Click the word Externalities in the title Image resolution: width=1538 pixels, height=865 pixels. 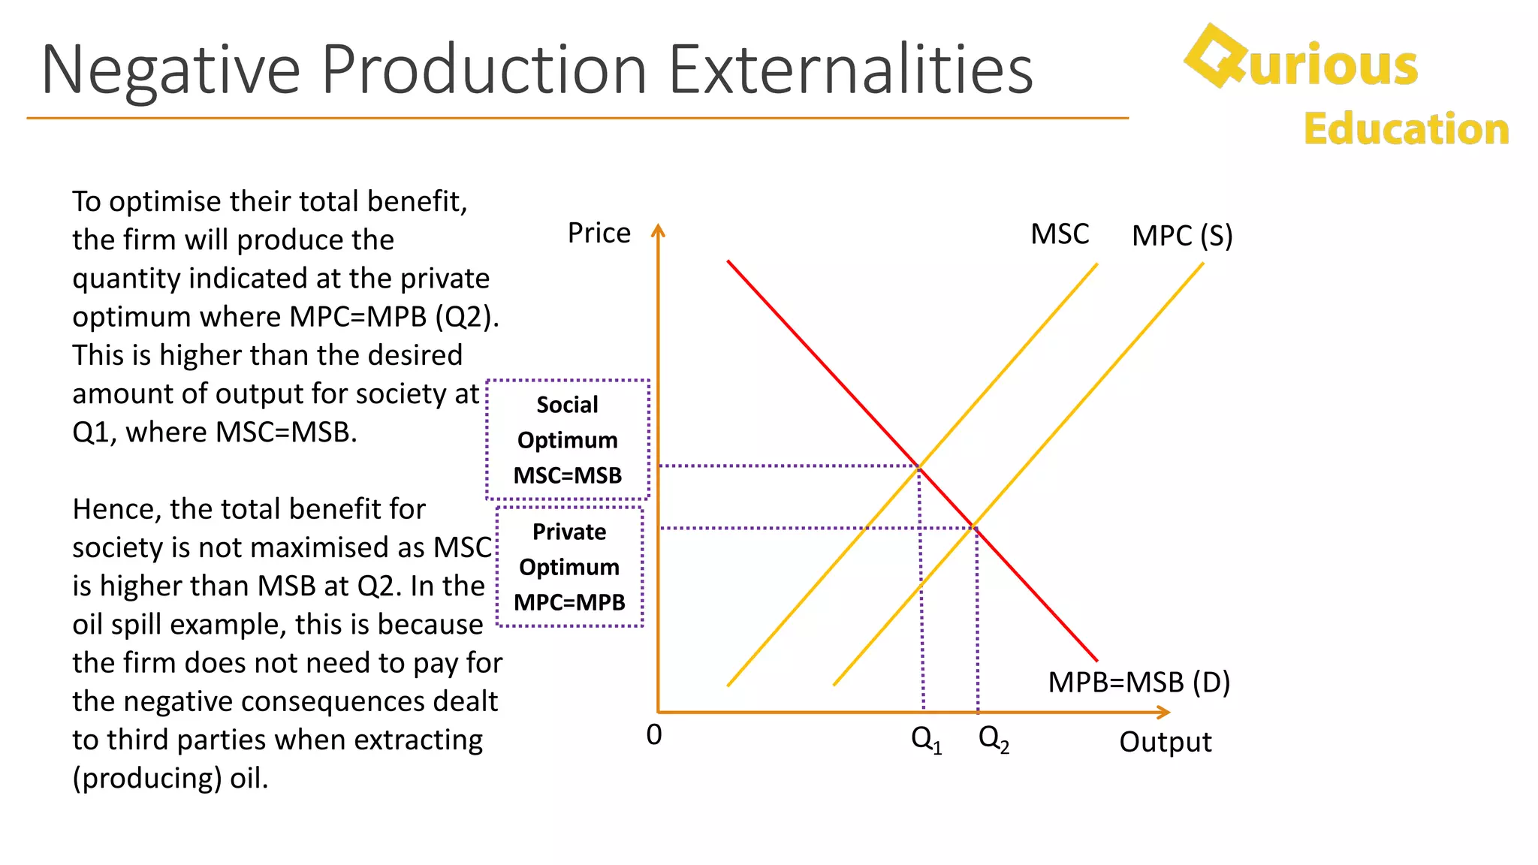coord(850,69)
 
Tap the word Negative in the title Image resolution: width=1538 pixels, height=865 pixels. coord(170,71)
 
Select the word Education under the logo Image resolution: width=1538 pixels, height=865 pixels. coord(1406,129)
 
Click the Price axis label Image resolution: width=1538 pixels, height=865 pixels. coord(599,233)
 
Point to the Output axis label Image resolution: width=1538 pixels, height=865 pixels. coord(1165,742)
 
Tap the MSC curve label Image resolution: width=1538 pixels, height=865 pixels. coord(1059,234)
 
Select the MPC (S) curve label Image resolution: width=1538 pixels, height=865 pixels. coord(1182,236)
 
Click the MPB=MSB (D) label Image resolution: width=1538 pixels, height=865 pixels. coord(1138,682)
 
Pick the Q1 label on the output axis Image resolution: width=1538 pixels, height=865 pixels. coord(925,739)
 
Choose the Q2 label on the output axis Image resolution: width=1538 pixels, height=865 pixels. coord(993,739)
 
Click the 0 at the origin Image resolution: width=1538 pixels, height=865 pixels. coord(654,734)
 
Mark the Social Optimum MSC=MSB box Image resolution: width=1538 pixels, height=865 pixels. coord(568,440)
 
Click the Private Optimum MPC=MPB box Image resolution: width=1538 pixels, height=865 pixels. coord(569,567)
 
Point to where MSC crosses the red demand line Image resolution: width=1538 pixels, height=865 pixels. coord(919,467)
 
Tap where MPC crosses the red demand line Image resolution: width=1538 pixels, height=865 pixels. coord(974,526)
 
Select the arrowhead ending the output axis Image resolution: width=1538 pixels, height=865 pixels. coord(1164,712)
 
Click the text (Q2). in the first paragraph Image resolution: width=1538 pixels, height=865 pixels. coord(466,317)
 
